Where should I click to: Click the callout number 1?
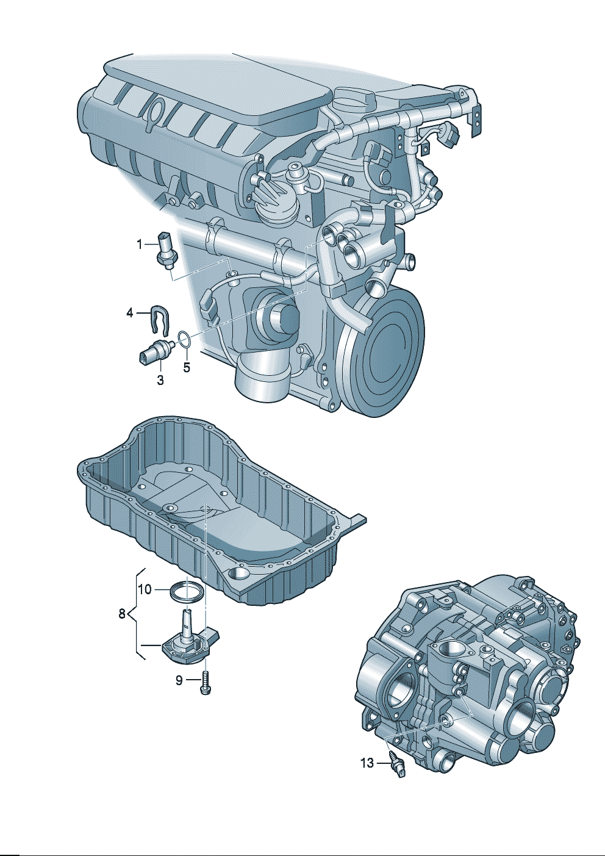coord(140,244)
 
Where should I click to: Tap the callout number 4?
coord(130,314)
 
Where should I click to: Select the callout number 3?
coord(160,380)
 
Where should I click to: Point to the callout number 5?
coord(187,367)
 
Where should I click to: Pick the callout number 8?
coord(122,625)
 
